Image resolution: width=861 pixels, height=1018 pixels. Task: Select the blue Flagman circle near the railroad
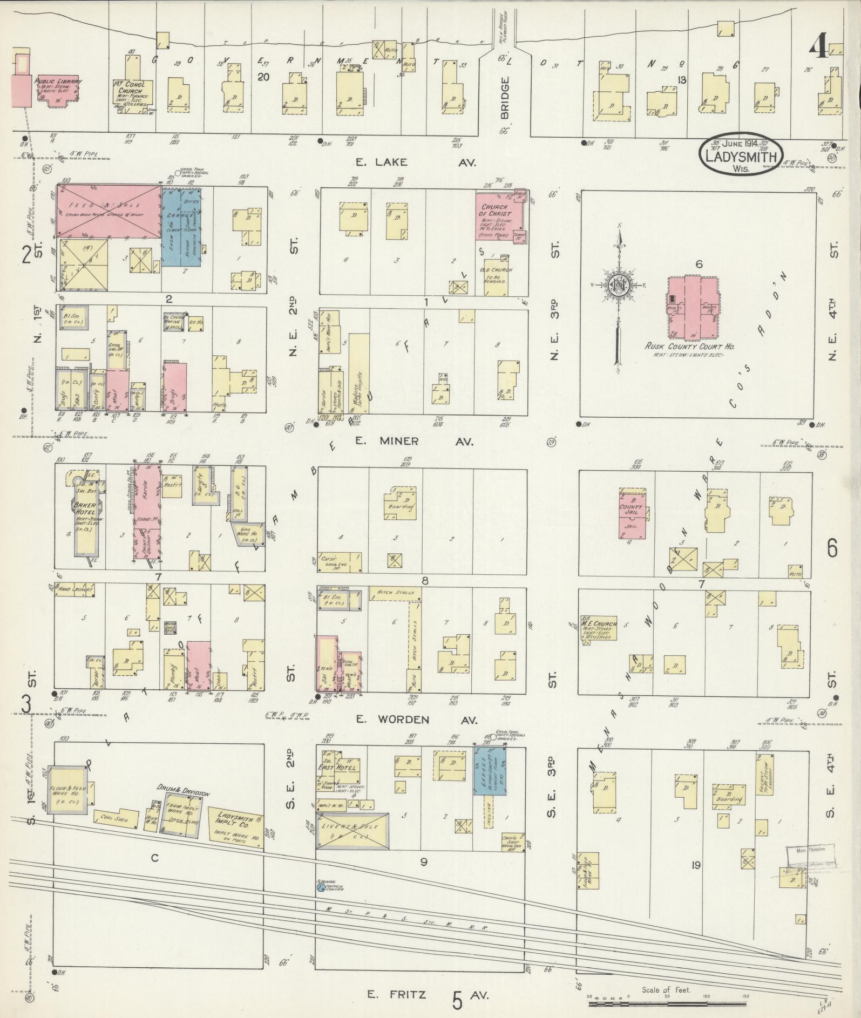pyautogui.click(x=321, y=887)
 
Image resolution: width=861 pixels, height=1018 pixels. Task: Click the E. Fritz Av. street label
pyautogui.click(x=426, y=994)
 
